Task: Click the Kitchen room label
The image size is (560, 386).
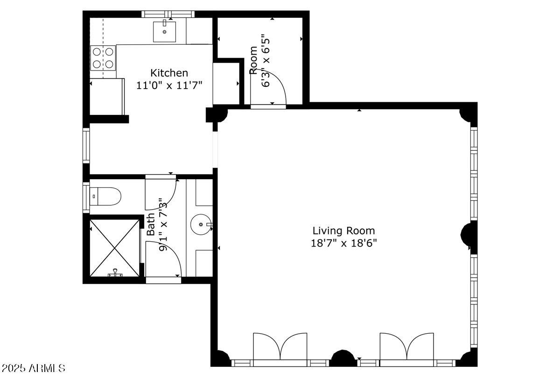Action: point(169,73)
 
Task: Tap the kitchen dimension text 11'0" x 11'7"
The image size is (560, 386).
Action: point(169,85)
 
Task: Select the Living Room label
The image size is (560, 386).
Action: point(343,231)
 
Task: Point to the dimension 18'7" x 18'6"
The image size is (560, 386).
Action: point(343,243)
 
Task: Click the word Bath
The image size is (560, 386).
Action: point(151,224)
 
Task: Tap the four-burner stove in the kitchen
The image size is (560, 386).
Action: point(103,58)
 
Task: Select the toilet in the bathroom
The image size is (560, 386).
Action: point(105,196)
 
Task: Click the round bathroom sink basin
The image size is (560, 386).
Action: point(201,224)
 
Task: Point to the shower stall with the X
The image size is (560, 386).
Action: point(114,248)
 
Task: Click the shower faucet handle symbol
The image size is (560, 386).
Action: point(115,273)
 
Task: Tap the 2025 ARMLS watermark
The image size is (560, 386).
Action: point(33,368)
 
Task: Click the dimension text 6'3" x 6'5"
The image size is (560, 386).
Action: point(266,61)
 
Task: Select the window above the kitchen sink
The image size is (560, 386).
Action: point(168,14)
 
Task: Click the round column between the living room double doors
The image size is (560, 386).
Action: point(343,358)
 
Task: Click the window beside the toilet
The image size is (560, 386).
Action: point(86,197)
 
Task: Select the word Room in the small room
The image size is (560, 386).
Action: point(253,60)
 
